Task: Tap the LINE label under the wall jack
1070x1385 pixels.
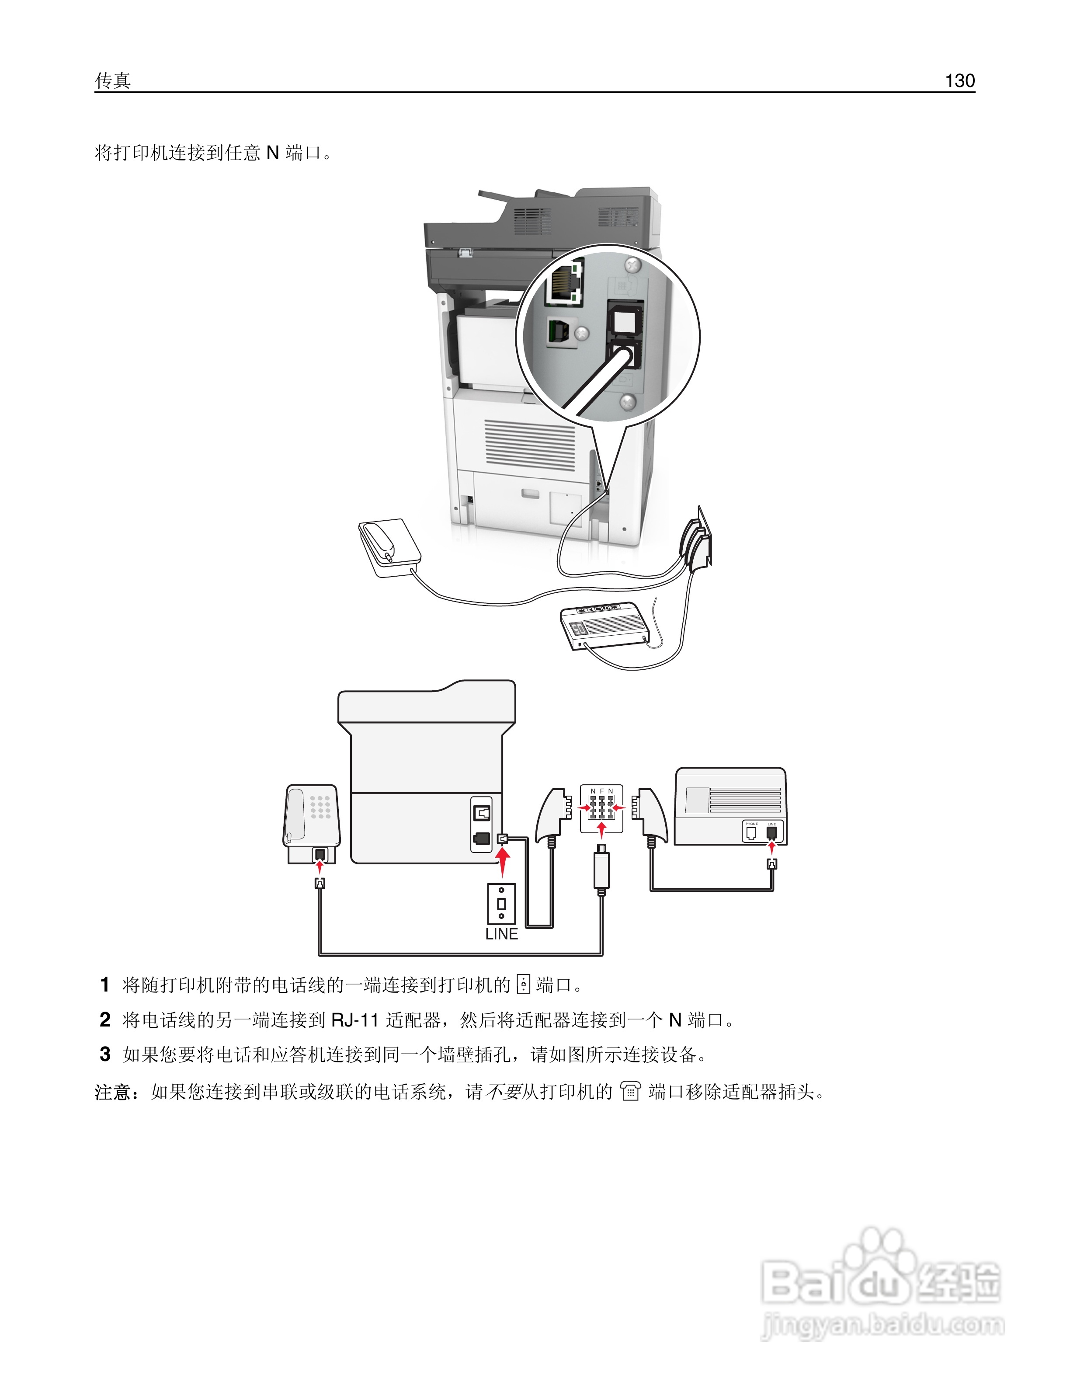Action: tap(501, 934)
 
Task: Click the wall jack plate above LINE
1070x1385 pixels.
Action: tap(501, 904)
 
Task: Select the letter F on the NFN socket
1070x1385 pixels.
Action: tap(601, 791)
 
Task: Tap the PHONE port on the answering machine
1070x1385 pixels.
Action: tap(751, 832)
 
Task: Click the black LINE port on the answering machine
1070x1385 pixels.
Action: tap(771, 832)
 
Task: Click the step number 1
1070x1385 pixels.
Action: tap(105, 985)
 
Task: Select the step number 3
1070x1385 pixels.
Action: tap(105, 1054)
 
